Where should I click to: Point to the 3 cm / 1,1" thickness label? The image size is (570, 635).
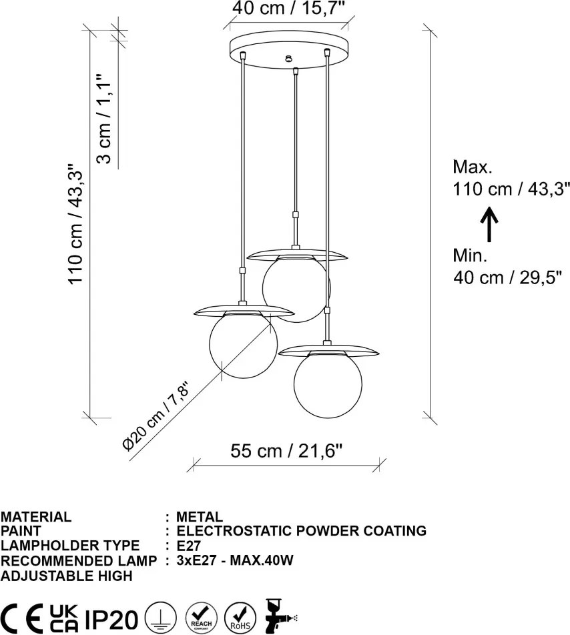click(x=103, y=119)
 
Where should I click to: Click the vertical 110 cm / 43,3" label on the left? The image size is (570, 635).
click(x=75, y=224)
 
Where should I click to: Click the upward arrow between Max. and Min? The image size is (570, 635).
click(x=489, y=224)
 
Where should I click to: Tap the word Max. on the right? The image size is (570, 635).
click(x=473, y=167)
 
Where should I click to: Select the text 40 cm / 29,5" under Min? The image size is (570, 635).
click(x=507, y=277)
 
